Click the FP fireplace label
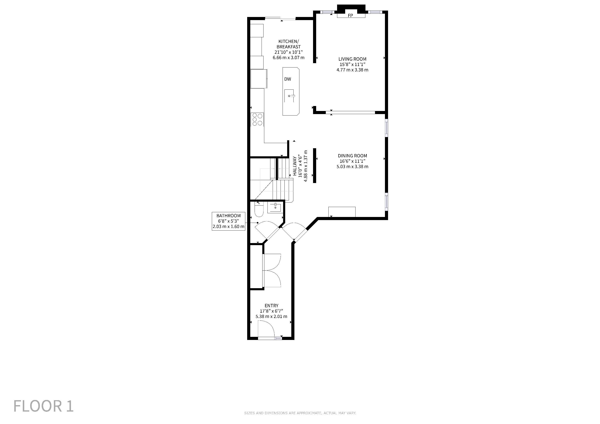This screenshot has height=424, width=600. tap(350, 16)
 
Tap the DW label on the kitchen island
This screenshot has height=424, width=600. tap(288, 79)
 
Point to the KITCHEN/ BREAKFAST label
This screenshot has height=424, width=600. tap(289, 44)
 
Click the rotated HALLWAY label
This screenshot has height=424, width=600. tap(295, 166)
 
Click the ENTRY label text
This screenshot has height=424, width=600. tap(272, 305)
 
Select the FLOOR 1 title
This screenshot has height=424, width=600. tap(43, 406)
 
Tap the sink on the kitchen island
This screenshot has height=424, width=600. tap(290, 96)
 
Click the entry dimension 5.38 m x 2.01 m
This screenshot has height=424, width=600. tap(272, 316)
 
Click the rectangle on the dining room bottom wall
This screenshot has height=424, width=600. tap(342, 212)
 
